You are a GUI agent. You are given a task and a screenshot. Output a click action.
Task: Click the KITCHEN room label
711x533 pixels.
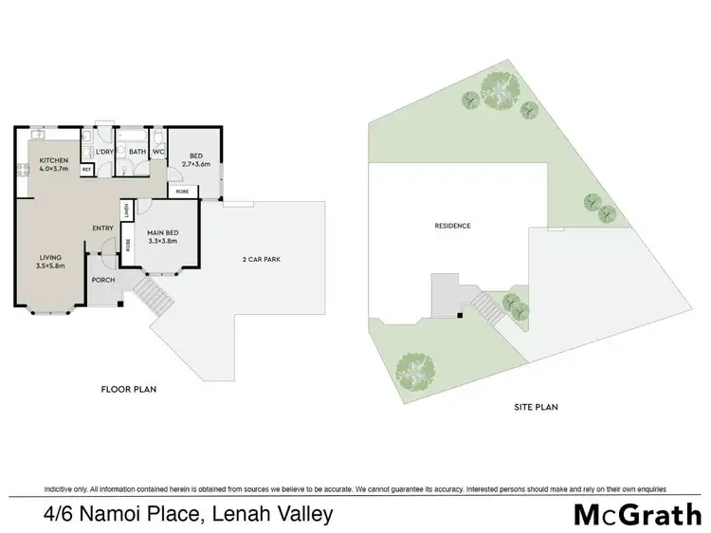(55, 161)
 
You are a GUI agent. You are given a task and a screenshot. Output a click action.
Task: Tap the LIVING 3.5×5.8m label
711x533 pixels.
(49, 262)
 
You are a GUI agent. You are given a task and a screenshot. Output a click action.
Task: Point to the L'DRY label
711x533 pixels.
(104, 152)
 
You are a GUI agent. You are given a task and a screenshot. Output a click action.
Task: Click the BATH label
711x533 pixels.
(137, 152)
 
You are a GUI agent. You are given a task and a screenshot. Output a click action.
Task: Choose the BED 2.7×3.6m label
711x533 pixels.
(196, 161)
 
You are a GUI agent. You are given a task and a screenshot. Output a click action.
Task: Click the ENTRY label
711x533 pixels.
(102, 228)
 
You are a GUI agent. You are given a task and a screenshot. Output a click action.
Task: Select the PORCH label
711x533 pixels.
(102, 280)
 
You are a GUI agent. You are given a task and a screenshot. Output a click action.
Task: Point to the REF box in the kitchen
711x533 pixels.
(86, 169)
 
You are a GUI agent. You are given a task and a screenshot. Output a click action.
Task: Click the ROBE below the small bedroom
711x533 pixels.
(182, 192)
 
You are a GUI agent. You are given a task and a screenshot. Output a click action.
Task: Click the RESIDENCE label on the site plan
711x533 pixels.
(452, 226)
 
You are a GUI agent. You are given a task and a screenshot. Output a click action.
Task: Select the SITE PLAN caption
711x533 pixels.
(537, 408)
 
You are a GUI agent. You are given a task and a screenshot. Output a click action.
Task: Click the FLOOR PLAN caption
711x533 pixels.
(128, 389)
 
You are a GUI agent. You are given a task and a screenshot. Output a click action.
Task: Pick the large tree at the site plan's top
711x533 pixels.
(500, 90)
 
